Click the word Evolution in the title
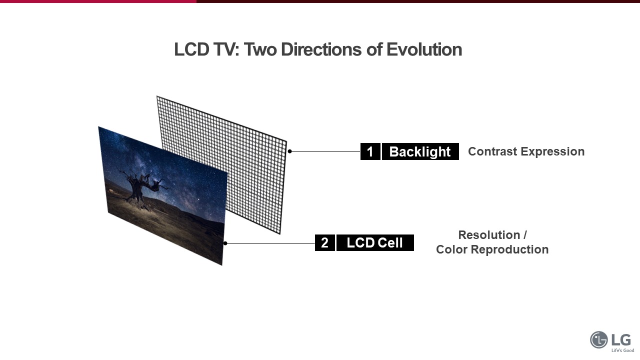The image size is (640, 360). [x=424, y=49]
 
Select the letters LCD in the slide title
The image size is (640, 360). [x=191, y=49]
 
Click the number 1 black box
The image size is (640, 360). [x=370, y=151]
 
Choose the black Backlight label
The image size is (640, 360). [x=420, y=151]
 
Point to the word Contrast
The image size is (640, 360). [x=492, y=151]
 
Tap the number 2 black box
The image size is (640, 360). [x=325, y=243]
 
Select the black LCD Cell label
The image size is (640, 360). [x=375, y=243]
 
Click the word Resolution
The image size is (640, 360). [x=489, y=235]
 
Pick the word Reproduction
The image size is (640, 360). [x=509, y=249]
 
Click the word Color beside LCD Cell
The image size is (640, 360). [x=451, y=249]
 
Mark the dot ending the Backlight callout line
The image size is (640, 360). [x=289, y=151]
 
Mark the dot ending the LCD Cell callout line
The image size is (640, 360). [x=225, y=243]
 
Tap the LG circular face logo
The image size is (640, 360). [x=599, y=339]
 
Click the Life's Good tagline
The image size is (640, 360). [x=623, y=350]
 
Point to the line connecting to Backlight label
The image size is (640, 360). [x=325, y=151]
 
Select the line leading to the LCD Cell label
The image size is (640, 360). [x=270, y=243]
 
